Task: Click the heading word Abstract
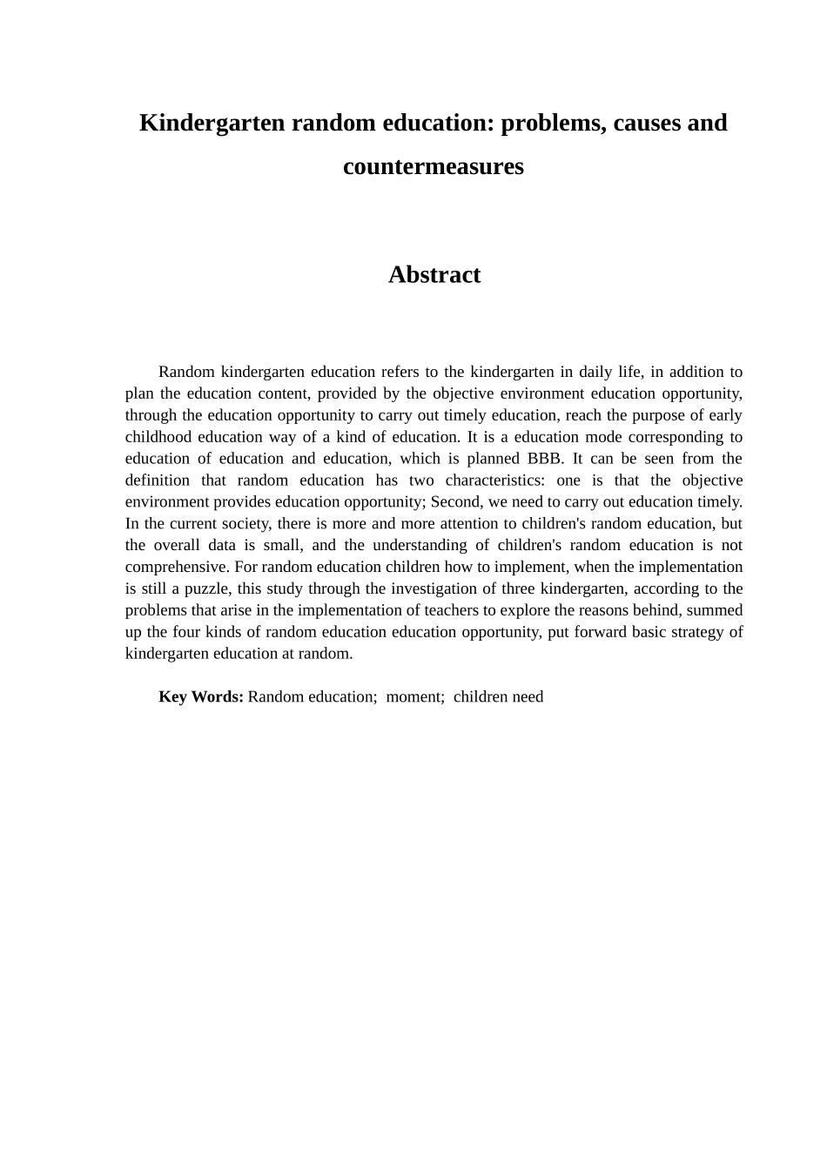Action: [434, 275]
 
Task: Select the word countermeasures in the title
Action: [434, 166]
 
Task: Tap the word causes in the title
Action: [647, 123]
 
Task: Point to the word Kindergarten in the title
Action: [212, 123]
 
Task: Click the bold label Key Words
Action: [200, 697]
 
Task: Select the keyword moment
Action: [414, 697]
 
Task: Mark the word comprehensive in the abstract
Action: [177, 567]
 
